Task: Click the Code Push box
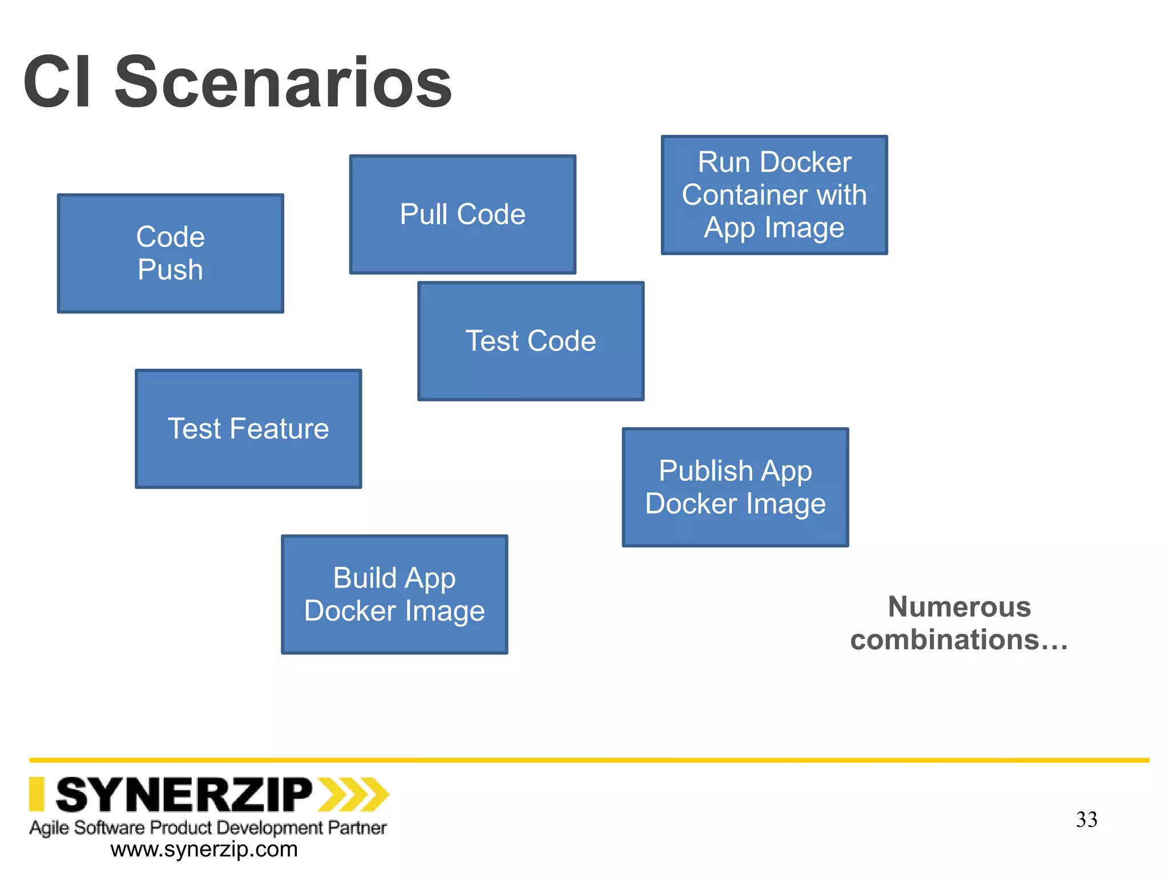click(x=170, y=254)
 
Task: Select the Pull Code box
click(x=462, y=215)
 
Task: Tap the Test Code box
click(x=531, y=341)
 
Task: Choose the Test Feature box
click(x=248, y=429)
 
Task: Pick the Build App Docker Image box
click(x=394, y=594)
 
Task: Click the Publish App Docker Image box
click(x=735, y=487)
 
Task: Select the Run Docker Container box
click(x=774, y=195)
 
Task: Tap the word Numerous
click(x=960, y=606)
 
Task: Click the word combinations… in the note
click(x=959, y=639)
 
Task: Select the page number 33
click(x=1086, y=819)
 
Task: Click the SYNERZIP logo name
click(x=184, y=795)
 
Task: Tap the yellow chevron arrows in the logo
click(x=353, y=794)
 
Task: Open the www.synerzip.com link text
click(x=204, y=850)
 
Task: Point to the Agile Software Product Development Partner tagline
click(x=208, y=827)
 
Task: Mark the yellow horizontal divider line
click(x=589, y=760)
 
